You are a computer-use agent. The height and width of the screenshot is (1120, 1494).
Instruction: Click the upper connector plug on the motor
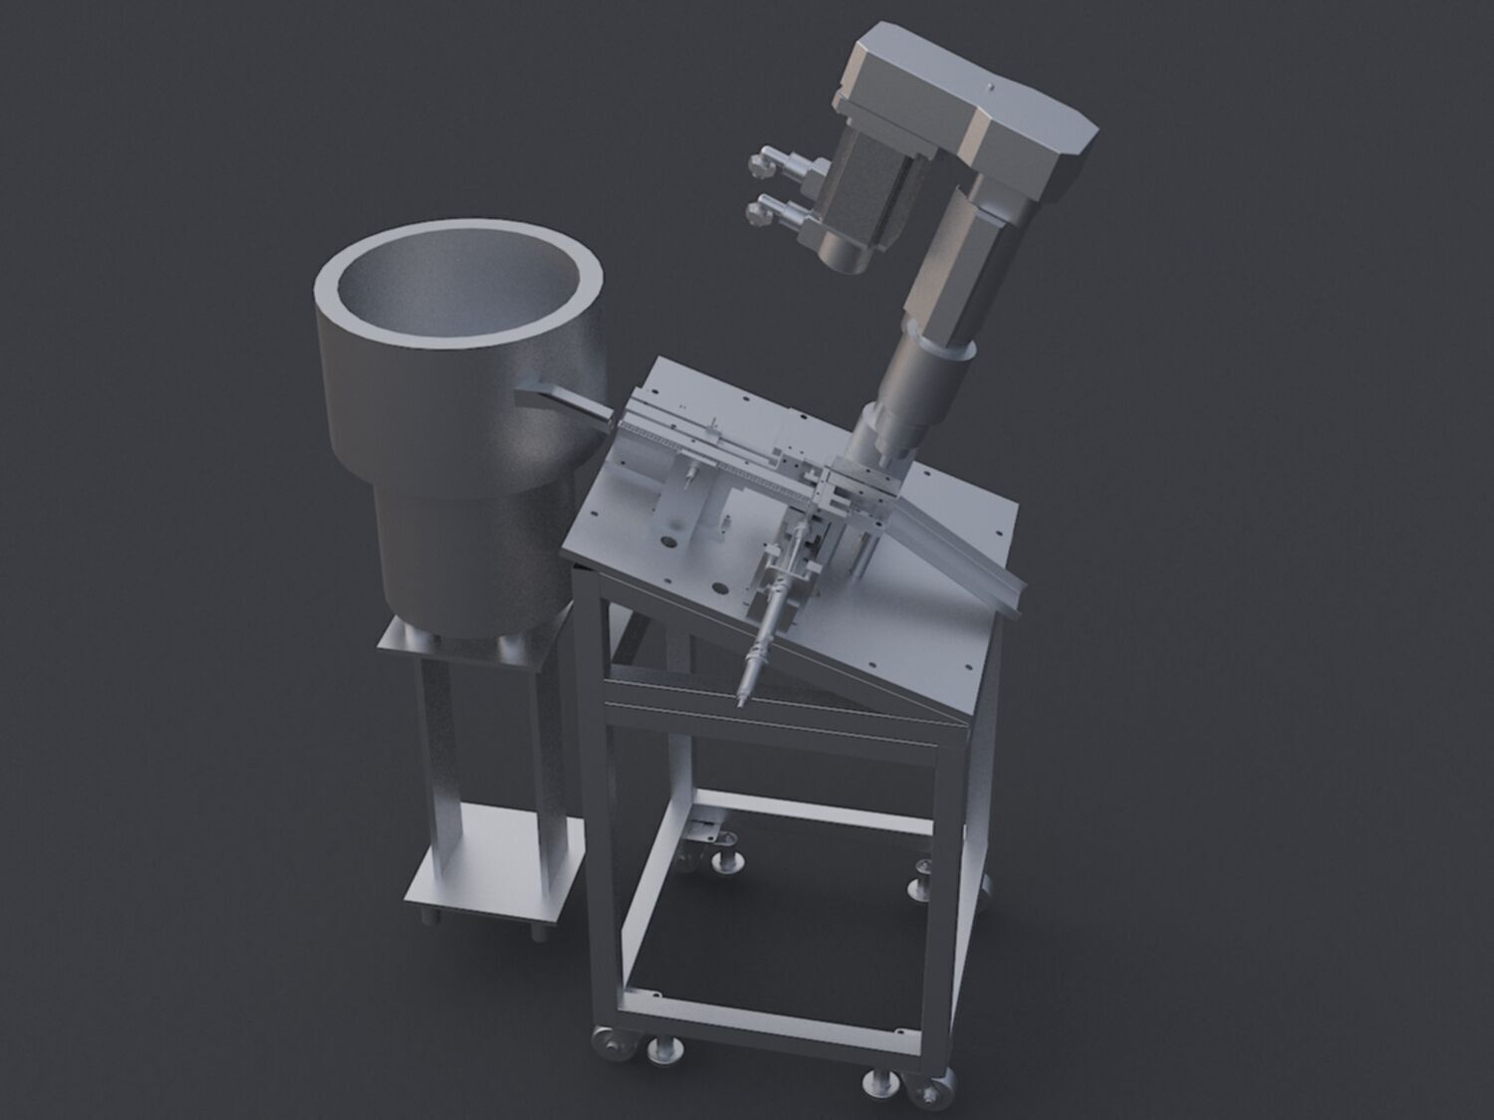point(769,160)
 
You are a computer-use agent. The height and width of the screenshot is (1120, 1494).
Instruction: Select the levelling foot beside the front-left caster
point(662,1049)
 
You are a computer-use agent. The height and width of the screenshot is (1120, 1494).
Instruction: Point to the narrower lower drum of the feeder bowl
point(468,548)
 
